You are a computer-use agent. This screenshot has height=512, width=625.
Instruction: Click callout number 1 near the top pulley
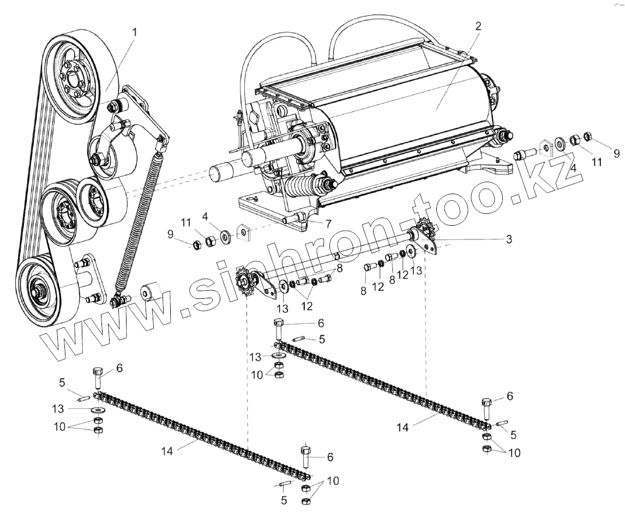coord(134,32)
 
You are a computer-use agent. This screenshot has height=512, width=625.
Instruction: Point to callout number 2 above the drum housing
coord(478,26)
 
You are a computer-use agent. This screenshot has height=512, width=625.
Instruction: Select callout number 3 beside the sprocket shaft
coord(508,239)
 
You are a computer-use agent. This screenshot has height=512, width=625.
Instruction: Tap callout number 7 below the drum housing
coord(328,224)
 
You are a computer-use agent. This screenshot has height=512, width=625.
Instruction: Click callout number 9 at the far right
coord(617,154)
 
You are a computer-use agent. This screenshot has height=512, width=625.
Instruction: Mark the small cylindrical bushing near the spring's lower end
coord(149,292)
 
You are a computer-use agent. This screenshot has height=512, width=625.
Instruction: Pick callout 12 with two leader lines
coord(307,306)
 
